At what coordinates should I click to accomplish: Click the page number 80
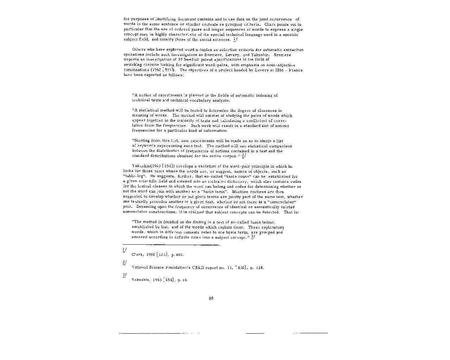click(211, 298)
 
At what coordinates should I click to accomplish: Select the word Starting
click(141, 141)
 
